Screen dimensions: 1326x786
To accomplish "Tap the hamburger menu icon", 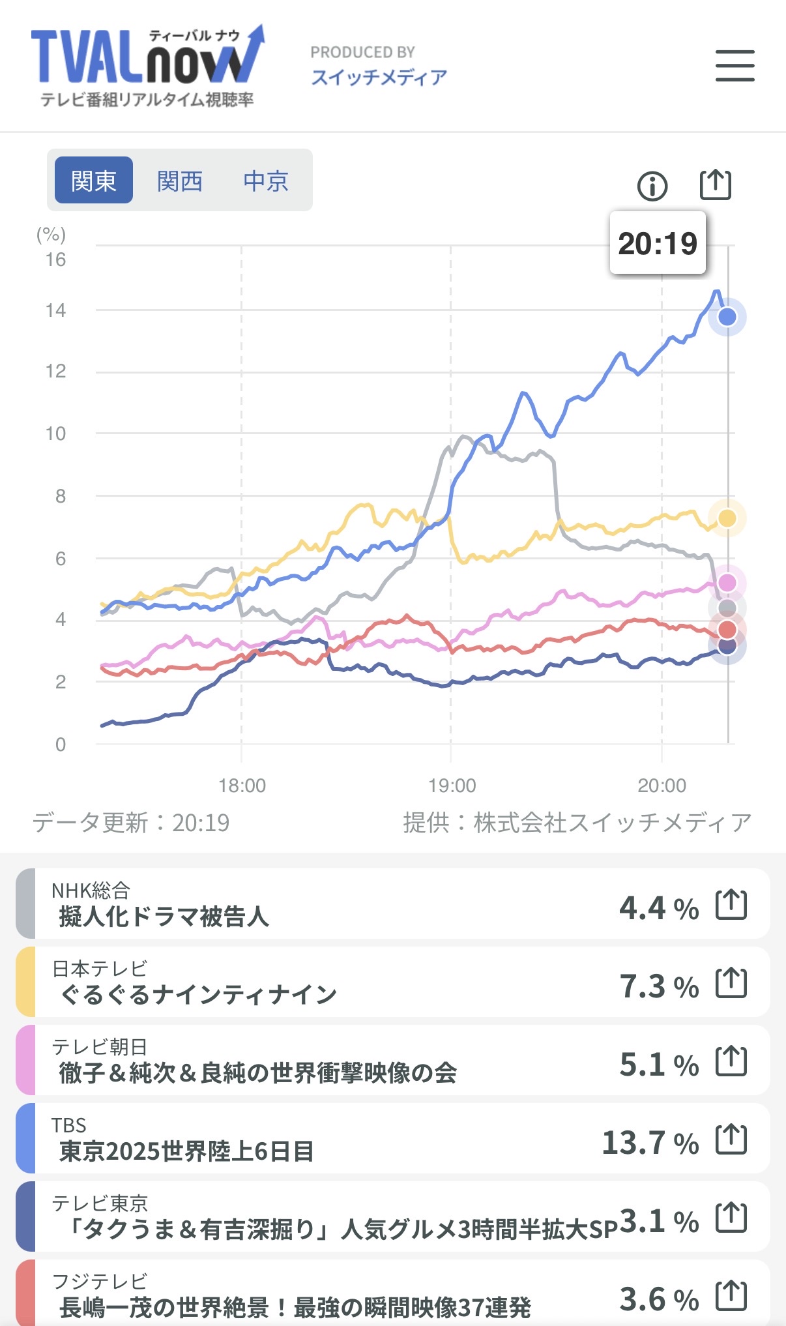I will coord(735,66).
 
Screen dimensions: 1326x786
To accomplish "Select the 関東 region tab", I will coord(94,181).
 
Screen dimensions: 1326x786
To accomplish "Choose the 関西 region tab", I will coord(180,181).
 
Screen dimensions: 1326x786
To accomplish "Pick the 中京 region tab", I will coord(266,181).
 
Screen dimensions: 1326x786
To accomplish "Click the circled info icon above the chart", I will coord(652,186).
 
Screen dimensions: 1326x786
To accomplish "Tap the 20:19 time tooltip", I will coord(657,243).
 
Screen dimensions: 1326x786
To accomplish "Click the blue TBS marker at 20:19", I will coord(727,317).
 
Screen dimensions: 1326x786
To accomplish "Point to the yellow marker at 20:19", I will coord(727,518).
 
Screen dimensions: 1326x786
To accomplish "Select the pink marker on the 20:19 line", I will coord(727,583).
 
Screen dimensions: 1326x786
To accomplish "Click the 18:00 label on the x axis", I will coord(242,786).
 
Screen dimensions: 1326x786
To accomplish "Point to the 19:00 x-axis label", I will coord(452,786).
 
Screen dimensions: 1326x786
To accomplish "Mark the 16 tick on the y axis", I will coord(55,260).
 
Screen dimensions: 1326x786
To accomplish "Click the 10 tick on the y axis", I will coord(55,434).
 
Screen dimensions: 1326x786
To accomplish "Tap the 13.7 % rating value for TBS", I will coord(650,1143).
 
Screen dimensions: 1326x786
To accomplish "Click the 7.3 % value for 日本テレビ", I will coord(658,986).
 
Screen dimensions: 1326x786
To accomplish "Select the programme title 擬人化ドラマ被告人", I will coord(164,917).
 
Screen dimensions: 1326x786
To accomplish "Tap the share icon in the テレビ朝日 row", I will coord(731,1061).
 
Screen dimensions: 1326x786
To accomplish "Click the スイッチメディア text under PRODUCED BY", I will coord(379,78).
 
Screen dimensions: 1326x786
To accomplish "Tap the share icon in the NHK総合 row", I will coord(731,904).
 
